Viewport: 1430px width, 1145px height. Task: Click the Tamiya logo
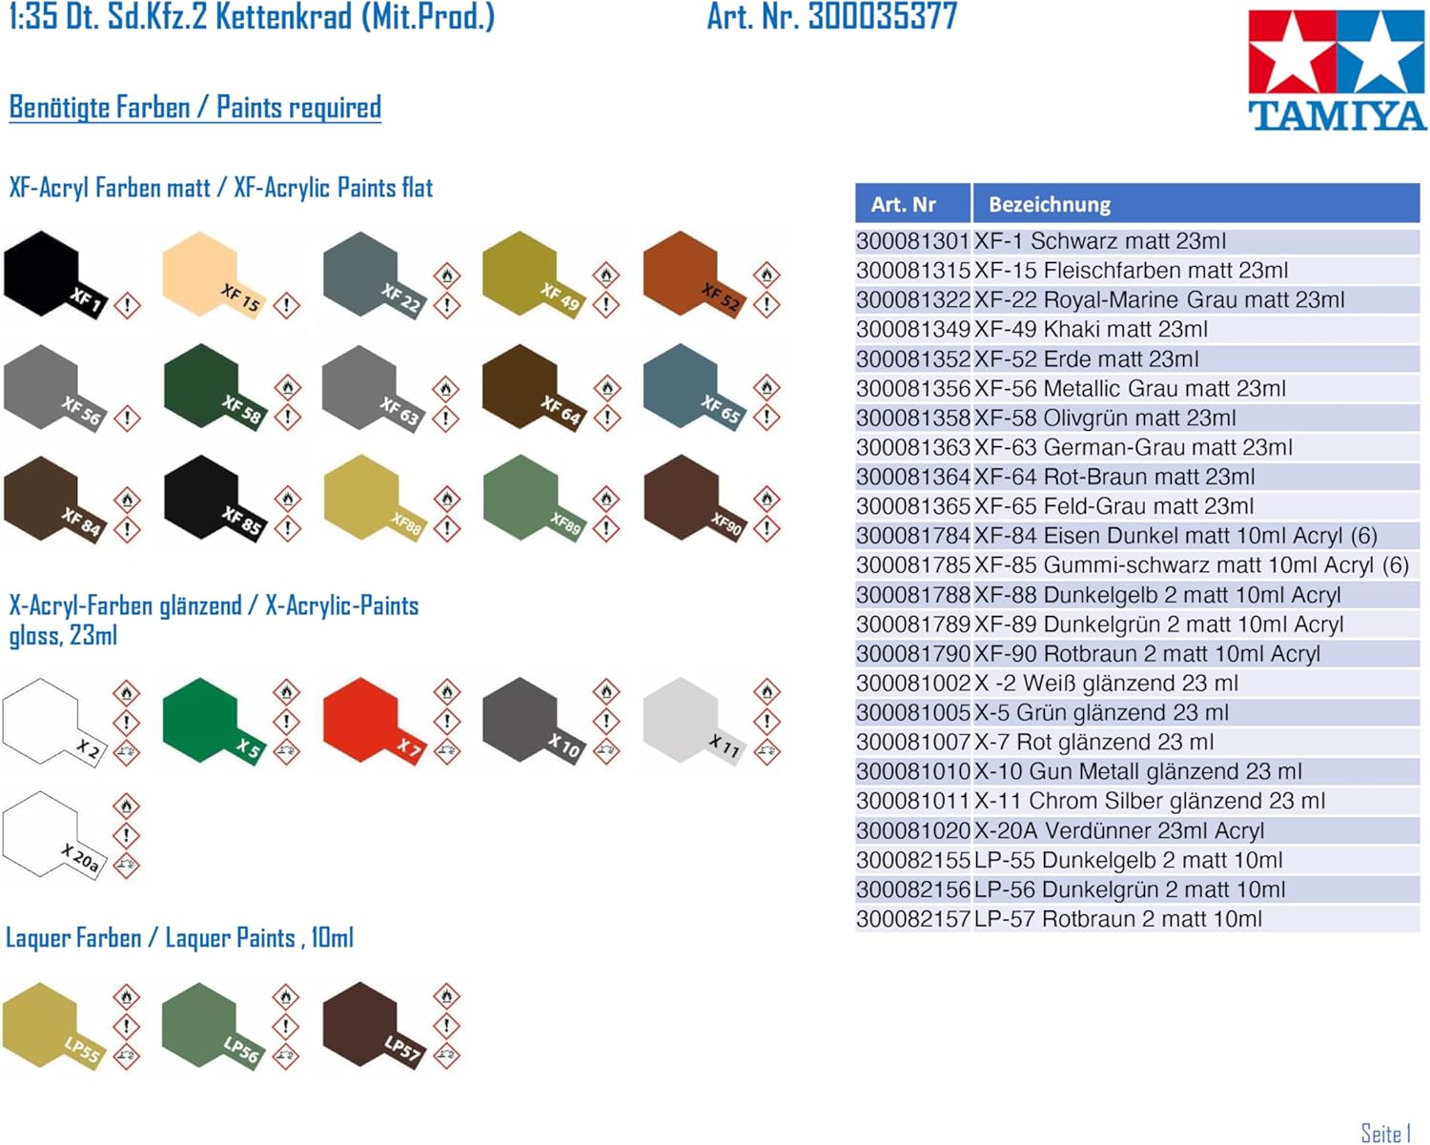[1337, 71]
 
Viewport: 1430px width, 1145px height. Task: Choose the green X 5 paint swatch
[213, 721]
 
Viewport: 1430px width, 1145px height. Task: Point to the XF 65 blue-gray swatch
[693, 387]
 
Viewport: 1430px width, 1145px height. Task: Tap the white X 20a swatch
[53, 834]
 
